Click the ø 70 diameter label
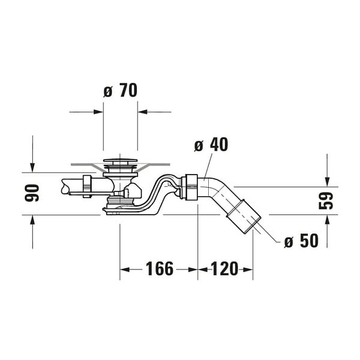point(120,90)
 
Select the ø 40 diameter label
point(211,145)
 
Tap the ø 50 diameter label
point(301,241)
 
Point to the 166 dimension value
point(160,269)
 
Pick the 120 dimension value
point(224,269)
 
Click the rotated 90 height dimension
point(32,193)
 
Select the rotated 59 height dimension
point(326,200)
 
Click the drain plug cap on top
point(120,160)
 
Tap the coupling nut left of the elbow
point(189,187)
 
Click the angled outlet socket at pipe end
point(244,217)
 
